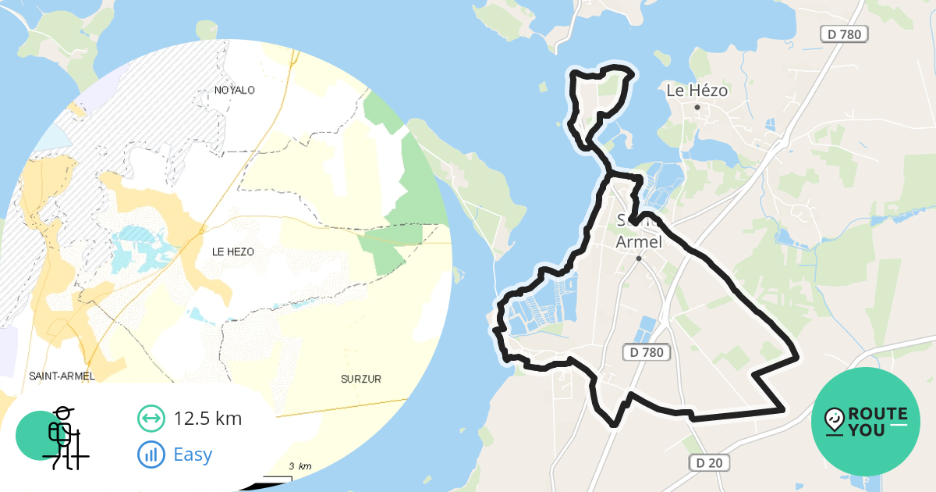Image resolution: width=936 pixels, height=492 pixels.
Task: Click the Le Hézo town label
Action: pyautogui.click(x=697, y=91)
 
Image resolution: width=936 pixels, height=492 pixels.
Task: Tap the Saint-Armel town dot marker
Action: pyautogui.click(x=638, y=258)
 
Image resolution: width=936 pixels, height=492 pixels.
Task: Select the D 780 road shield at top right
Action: pyautogui.click(x=845, y=34)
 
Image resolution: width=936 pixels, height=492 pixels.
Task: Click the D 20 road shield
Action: pyautogui.click(x=709, y=463)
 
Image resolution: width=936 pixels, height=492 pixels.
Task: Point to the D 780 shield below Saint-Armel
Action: pyautogui.click(x=647, y=353)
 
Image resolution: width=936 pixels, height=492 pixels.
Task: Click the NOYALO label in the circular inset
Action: pyautogui.click(x=235, y=90)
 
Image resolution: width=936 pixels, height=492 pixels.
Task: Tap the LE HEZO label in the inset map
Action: pyautogui.click(x=233, y=251)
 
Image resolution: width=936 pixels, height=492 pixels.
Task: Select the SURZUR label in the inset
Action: pyautogui.click(x=361, y=379)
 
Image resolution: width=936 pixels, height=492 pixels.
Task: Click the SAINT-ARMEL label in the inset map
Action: pyautogui.click(x=62, y=376)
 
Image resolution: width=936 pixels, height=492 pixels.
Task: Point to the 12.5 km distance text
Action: pyautogui.click(x=207, y=419)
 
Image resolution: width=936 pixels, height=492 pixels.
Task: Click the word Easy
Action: pyautogui.click(x=193, y=454)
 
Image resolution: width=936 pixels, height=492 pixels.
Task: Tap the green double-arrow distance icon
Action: pyautogui.click(x=151, y=419)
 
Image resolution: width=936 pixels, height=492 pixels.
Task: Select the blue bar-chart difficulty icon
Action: pyautogui.click(x=151, y=454)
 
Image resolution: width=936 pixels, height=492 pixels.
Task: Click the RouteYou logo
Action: pyautogui.click(x=865, y=422)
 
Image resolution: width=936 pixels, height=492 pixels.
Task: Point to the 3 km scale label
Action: pyautogui.click(x=300, y=466)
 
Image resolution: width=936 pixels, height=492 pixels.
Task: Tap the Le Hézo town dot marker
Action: pyautogui.click(x=697, y=107)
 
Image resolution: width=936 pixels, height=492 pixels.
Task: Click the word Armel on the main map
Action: pyautogui.click(x=639, y=242)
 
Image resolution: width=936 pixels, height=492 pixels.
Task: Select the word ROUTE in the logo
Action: pyautogui.click(x=877, y=414)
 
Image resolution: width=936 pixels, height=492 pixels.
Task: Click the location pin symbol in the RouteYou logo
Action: pyautogui.click(x=834, y=420)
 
